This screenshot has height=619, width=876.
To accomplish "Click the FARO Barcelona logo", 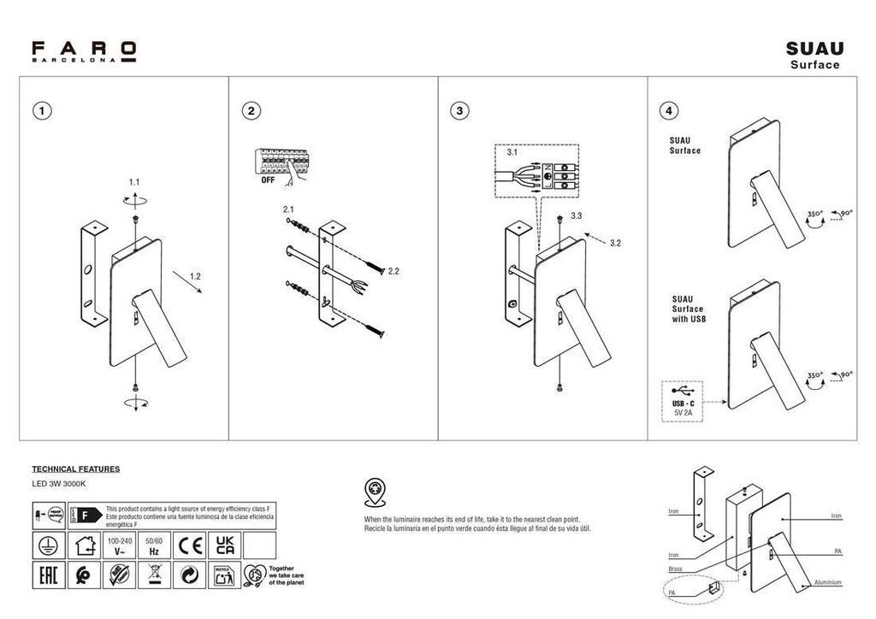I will tap(84, 50).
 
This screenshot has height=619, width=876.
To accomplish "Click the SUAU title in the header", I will tap(814, 49).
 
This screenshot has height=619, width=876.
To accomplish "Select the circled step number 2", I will tap(250, 110).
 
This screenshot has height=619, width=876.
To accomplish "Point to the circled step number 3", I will tap(459, 110).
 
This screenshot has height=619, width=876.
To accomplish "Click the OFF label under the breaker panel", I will tap(268, 180).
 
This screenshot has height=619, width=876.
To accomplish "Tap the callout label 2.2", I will tap(394, 271).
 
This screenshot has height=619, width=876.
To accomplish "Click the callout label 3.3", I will tap(576, 216).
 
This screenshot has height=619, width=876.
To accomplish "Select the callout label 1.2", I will tap(195, 277).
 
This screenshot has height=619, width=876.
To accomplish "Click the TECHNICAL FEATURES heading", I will tap(75, 469).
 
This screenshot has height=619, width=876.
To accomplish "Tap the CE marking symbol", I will tap(190, 545).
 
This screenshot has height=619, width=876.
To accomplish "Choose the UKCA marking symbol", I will tap(224, 545).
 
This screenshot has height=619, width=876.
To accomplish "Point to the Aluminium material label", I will tap(827, 582).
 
